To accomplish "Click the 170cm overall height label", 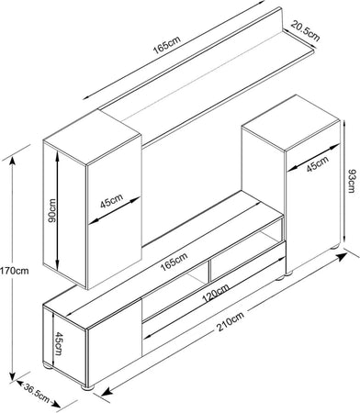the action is click(15, 271).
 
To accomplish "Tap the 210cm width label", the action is click(231, 321).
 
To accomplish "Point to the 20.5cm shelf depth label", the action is click(305, 30).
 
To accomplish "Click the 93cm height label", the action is click(353, 181).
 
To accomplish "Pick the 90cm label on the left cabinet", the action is click(52, 211).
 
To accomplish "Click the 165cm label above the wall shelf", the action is click(167, 45).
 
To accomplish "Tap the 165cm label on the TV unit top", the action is click(174, 262).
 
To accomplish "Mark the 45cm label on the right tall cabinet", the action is click(318, 164).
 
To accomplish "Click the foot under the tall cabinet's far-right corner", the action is click(335, 246).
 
